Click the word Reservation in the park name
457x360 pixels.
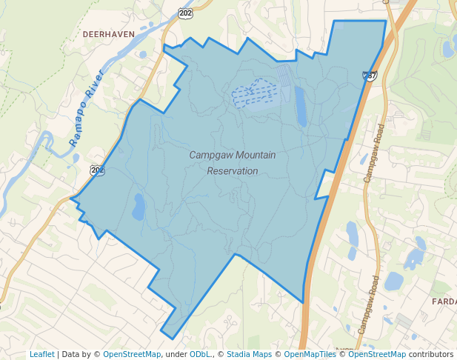233,170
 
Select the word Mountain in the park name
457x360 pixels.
253,155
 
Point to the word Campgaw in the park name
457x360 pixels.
208,155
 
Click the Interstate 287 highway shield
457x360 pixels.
370,76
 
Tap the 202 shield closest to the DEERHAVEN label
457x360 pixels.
184,13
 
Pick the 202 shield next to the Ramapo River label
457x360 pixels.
98,170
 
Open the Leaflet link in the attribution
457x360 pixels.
41,354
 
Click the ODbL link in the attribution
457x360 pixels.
200,354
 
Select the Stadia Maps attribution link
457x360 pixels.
249,354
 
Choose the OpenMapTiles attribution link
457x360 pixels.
310,354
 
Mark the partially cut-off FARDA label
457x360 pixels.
444,301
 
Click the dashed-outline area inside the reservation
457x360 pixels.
253,93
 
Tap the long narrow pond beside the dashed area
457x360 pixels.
301,106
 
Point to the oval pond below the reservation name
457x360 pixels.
139,207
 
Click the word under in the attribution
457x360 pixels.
176,354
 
